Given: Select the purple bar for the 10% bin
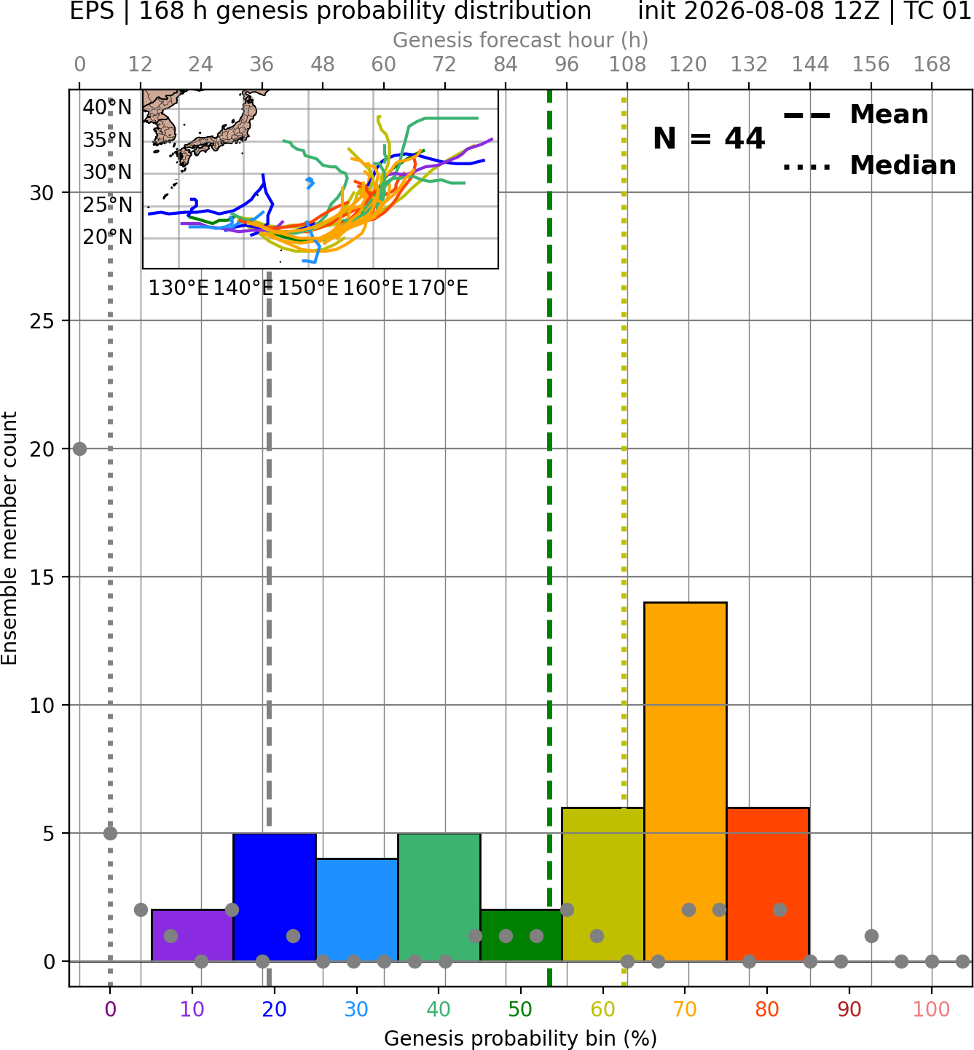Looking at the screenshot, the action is tap(192, 935).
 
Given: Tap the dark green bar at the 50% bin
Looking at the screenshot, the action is tap(521, 935).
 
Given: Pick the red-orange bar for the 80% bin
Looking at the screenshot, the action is tap(768, 884).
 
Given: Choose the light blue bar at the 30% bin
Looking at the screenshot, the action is tap(356, 910).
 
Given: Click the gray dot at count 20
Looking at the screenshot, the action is tap(80, 449).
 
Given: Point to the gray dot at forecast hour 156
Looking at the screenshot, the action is tap(871, 936).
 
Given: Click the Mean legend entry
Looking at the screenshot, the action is tap(855, 115).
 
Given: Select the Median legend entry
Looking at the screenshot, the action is tap(869, 165).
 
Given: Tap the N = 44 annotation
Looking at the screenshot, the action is tap(709, 138).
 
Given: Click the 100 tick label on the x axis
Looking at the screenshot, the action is tap(932, 1009).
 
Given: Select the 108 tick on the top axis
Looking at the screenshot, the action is tap(627, 65).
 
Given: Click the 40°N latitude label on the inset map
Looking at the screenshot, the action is tap(107, 107).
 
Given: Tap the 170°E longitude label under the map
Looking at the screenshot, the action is tap(438, 288).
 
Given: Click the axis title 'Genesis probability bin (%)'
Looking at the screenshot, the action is tap(521, 1038).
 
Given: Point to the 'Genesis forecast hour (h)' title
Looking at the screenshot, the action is tap(521, 40).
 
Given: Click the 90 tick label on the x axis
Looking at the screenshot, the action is tap(849, 1009).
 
